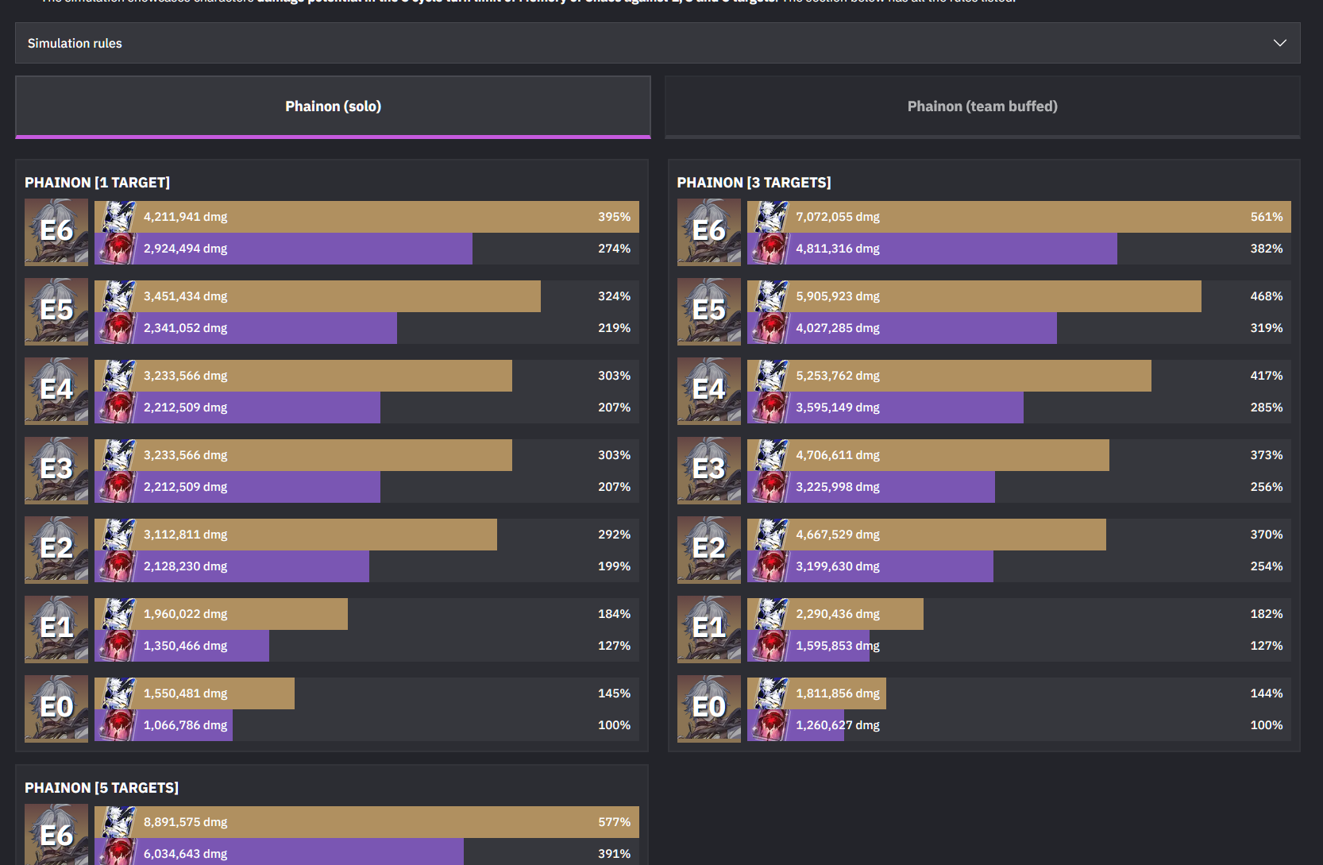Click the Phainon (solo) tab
click(x=333, y=106)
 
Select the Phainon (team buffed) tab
click(x=982, y=106)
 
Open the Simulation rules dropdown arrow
click(x=1279, y=43)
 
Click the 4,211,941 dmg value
click(x=185, y=217)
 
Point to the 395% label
click(x=614, y=217)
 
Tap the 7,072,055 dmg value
click(x=838, y=217)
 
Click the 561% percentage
click(x=1266, y=217)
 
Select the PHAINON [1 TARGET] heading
click(x=97, y=183)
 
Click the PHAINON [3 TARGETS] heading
click(x=754, y=183)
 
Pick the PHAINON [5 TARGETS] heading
click(x=102, y=788)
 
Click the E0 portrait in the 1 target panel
click(x=56, y=709)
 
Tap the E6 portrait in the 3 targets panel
click(x=708, y=232)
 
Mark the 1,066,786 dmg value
click(x=185, y=725)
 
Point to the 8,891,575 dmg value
click(x=185, y=822)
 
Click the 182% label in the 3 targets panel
click(x=1266, y=614)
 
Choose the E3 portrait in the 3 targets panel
click(x=708, y=470)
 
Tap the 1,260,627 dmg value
click(x=838, y=725)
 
